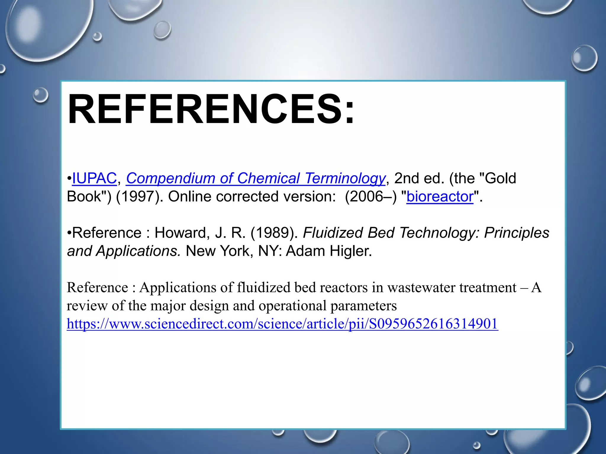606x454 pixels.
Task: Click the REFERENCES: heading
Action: tap(211, 109)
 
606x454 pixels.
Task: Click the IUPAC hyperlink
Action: tap(94, 178)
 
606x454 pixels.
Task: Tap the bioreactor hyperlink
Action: tap(440, 197)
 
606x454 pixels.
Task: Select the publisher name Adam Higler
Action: tap(328, 251)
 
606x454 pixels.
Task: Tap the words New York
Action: tap(218, 251)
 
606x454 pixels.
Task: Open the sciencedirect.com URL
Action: tap(283, 324)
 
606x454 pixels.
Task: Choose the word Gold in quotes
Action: tap(500, 178)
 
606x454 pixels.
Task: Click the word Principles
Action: tap(517, 233)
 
